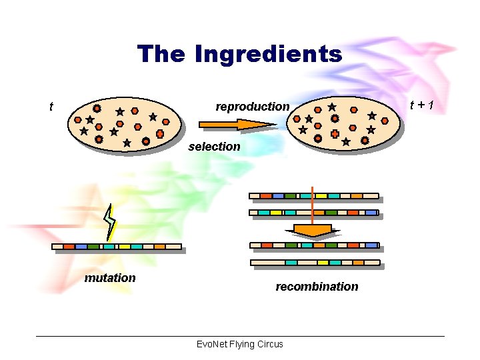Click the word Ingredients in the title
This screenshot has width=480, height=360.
268,54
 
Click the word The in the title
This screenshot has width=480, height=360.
161,53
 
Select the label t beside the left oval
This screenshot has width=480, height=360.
51,106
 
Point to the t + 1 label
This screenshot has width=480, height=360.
422,105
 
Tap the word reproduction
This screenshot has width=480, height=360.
253,107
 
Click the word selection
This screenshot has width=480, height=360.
214,147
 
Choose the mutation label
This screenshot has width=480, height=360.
110,278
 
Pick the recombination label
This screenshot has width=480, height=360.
317,287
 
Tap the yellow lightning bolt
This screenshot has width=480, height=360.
110,222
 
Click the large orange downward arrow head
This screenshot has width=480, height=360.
313,231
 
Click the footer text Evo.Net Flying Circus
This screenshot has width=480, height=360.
240,344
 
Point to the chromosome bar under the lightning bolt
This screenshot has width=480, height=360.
117,247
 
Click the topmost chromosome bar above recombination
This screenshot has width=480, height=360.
313,196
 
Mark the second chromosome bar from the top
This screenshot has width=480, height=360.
313,213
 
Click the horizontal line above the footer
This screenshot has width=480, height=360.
240,336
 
